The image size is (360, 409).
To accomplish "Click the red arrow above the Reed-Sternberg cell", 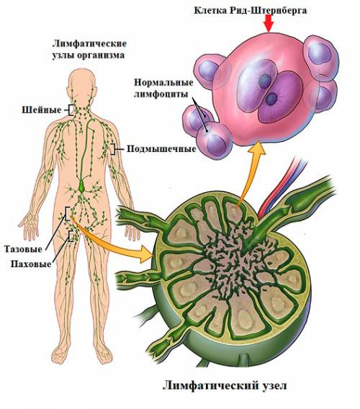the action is tap(269, 23).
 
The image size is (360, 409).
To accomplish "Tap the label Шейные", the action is tap(42, 110).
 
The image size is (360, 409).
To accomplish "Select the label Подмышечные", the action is tap(161, 149).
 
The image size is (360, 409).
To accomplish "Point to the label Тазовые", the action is tap(23, 249).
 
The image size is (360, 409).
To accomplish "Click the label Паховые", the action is tap(31, 264).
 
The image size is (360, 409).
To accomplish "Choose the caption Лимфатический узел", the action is tap(225, 385).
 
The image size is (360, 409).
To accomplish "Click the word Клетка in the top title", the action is tap(210, 11).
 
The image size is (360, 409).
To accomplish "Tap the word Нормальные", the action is tap(164, 83).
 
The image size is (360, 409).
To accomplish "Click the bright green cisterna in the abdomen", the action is tap(82, 186).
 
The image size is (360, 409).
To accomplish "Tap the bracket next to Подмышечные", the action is tap(113, 149).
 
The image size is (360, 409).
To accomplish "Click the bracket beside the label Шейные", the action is tap(70, 110).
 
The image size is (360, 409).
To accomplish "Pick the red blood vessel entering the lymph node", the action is tap(279, 186).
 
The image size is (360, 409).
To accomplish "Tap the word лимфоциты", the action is tap(161, 94).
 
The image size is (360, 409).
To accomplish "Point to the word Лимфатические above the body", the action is tap(89, 43).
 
